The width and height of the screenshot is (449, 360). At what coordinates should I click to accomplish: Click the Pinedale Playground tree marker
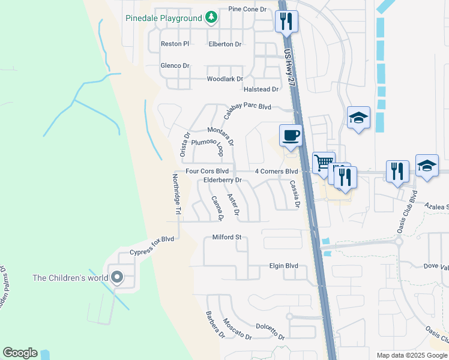(x=211, y=17)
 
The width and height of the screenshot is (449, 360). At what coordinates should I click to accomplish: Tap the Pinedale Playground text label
(x=163, y=18)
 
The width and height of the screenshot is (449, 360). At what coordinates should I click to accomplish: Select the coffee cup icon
(x=291, y=135)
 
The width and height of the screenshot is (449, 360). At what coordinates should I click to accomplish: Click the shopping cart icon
(x=324, y=163)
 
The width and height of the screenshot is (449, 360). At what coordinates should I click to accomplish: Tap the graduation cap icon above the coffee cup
(x=358, y=118)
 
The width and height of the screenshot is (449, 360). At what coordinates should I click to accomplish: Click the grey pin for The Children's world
(x=116, y=278)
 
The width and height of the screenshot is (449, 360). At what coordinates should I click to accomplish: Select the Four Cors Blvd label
(x=207, y=171)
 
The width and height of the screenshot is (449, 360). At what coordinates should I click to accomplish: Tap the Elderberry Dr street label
(x=222, y=180)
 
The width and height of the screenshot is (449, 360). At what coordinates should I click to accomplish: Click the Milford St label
(x=227, y=237)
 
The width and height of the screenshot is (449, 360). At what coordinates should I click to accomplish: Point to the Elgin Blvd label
(x=283, y=266)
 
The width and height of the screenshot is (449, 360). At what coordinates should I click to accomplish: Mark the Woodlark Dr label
(x=224, y=79)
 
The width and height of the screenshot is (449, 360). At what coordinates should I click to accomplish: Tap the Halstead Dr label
(x=261, y=89)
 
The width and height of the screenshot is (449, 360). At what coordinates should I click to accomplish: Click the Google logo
(x=20, y=353)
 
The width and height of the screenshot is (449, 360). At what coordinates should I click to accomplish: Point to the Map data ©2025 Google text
(x=411, y=355)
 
